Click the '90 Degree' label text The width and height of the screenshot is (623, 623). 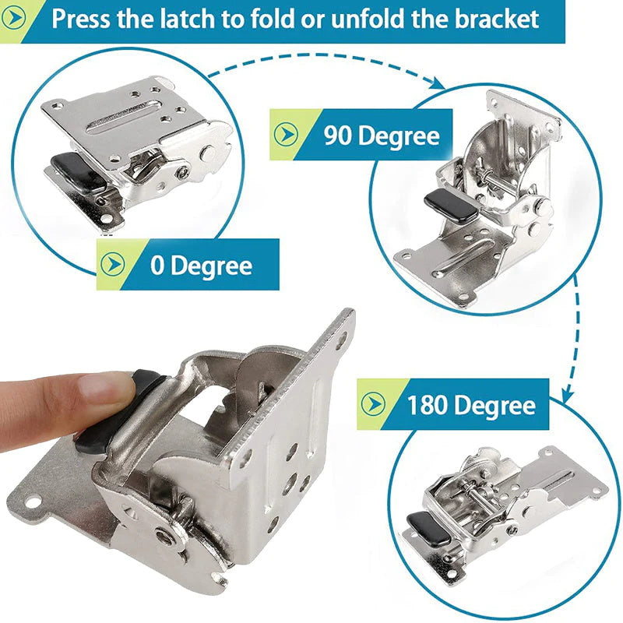pyautogui.click(x=382, y=136)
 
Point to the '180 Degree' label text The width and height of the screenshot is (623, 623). pyautogui.click(x=470, y=405)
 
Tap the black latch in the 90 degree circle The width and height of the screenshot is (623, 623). pyautogui.click(x=446, y=204)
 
